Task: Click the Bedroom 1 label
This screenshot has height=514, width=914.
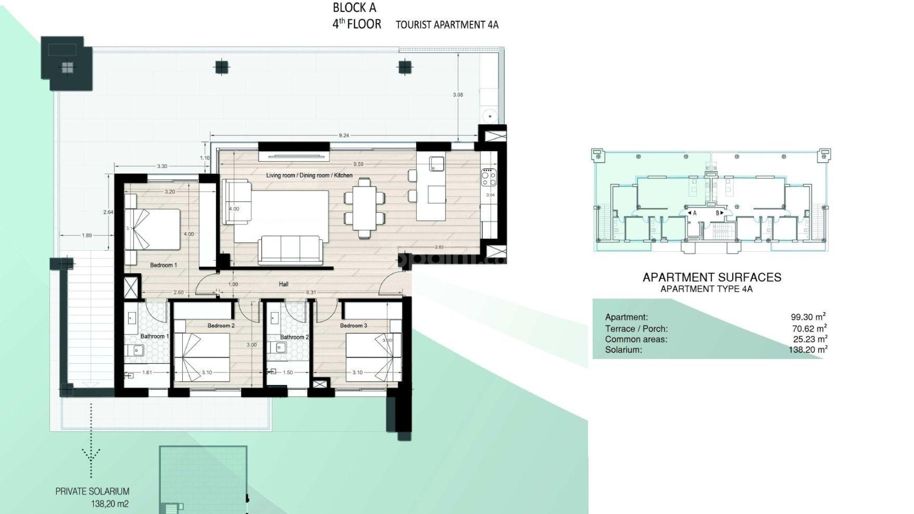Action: (163, 265)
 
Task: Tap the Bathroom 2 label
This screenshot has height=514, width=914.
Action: (294, 337)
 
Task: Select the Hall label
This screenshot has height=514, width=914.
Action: (283, 284)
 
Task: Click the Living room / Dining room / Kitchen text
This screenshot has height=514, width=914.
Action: (309, 175)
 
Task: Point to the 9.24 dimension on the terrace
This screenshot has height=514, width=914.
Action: (344, 135)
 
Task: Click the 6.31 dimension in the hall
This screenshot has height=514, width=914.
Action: (310, 292)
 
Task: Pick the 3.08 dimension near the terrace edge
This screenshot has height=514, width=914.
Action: (457, 95)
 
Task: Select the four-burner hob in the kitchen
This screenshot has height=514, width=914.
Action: (489, 178)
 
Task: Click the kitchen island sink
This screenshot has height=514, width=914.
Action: (436, 163)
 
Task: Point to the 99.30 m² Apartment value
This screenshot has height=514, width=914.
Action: (808, 317)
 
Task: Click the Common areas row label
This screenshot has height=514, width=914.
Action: (636, 339)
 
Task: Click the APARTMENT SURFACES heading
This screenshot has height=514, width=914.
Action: (712, 277)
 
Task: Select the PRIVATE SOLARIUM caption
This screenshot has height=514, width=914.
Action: (92, 491)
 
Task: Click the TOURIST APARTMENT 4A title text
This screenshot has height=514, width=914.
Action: (447, 25)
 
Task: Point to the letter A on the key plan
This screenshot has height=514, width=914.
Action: (695, 213)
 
